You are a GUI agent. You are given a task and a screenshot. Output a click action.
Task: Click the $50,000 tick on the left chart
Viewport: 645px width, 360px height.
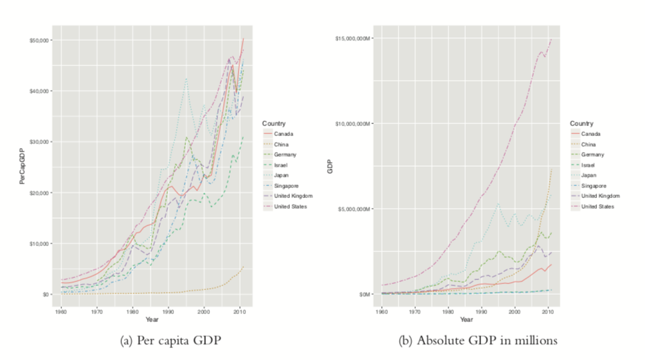39,40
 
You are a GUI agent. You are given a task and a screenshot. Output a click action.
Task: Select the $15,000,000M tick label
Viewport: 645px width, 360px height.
352,39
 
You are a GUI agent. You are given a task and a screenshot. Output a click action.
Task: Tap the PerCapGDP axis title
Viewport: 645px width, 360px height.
21,167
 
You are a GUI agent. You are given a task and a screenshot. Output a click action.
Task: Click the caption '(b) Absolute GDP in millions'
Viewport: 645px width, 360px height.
478,341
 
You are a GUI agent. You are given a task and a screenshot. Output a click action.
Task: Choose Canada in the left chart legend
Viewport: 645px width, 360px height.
283,133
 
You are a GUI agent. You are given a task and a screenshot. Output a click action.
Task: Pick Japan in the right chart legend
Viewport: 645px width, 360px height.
589,175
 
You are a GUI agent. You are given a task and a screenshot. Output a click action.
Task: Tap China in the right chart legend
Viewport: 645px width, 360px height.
588,144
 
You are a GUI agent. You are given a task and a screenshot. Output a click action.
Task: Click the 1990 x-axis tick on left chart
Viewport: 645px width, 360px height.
168,311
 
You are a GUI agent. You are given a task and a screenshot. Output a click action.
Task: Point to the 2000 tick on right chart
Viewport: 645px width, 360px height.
514,311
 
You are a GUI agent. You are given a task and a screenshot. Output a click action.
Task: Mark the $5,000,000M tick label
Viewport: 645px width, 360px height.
354,209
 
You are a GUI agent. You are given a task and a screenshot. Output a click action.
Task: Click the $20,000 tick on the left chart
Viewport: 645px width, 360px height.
39,193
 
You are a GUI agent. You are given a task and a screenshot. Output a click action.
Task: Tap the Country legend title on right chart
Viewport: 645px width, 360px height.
581,123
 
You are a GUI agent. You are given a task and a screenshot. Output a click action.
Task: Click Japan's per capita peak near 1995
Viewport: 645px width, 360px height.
186,79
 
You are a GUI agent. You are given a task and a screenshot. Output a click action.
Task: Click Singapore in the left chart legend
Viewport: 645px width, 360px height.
286,185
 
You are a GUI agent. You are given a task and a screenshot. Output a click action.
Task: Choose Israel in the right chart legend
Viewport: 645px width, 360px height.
588,165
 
